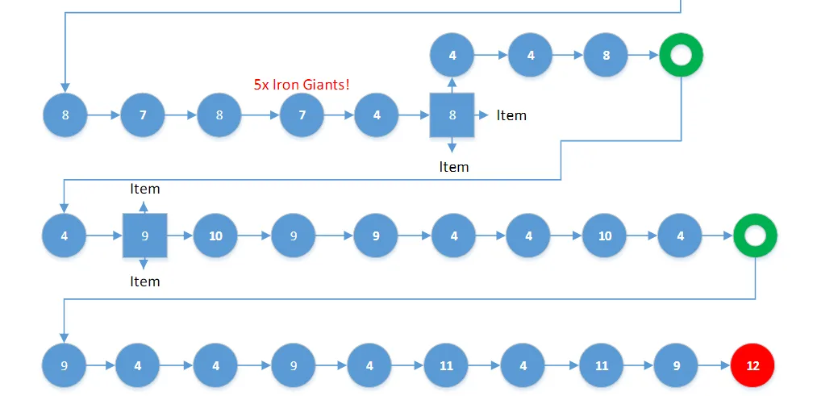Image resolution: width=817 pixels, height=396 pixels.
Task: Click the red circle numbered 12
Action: coord(752,365)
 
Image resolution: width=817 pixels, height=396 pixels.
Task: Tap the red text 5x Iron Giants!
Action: coord(302,84)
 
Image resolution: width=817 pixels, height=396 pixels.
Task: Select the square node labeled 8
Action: coord(452,115)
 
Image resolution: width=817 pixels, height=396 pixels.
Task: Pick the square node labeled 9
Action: coord(144,236)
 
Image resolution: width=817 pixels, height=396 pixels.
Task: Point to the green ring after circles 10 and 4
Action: coord(755,236)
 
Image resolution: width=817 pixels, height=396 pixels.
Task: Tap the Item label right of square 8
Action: coord(511,115)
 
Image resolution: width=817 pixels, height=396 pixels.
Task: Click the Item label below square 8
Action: coord(453,167)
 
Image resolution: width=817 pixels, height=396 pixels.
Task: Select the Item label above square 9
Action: coord(145,189)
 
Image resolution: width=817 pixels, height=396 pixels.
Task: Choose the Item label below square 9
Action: coord(145,281)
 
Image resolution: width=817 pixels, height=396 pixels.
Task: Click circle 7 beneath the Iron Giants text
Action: coord(302,115)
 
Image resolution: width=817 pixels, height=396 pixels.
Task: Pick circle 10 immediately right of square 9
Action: coord(215,236)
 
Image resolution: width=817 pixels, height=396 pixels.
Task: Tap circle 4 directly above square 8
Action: coord(452,56)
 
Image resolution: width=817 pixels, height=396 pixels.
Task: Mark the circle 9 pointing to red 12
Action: coord(677,365)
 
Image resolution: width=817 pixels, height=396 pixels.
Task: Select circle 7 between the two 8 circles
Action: coord(143,115)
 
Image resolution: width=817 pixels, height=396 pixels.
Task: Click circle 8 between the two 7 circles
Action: coord(219,115)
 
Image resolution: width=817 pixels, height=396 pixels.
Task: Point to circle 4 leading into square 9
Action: coord(64,236)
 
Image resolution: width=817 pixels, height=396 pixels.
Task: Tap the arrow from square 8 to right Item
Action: coord(481,115)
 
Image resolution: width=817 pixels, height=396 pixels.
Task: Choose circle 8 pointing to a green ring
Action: coord(606,56)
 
